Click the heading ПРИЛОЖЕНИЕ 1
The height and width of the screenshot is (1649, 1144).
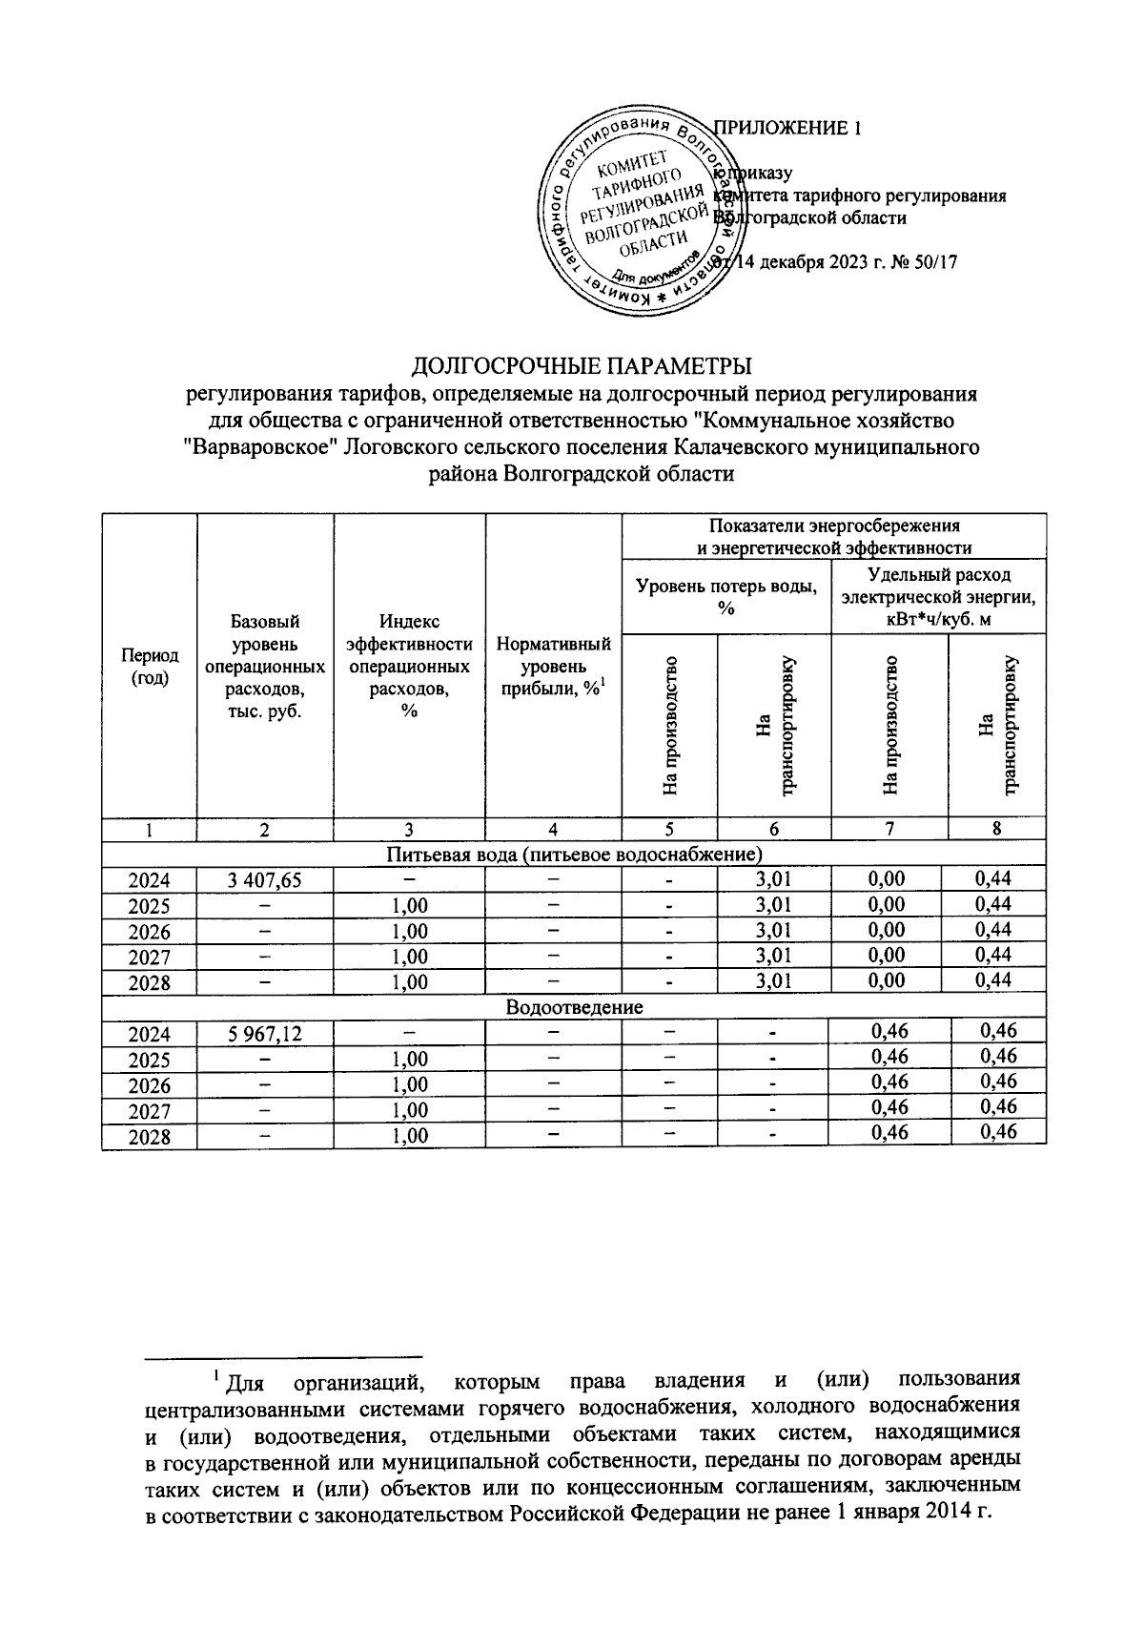pyautogui.click(x=788, y=129)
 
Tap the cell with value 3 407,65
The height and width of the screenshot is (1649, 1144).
pyautogui.click(x=264, y=880)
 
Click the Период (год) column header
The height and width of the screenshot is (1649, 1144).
pyautogui.click(x=149, y=667)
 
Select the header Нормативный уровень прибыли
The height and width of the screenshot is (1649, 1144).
pyautogui.click(x=553, y=667)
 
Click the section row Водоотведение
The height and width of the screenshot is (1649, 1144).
pyautogui.click(x=574, y=1007)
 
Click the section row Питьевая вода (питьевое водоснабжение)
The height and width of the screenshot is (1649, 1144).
pyautogui.click(x=574, y=853)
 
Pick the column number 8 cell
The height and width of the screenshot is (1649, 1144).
pyautogui.click(x=996, y=829)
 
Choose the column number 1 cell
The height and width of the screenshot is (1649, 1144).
pyautogui.click(x=149, y=830)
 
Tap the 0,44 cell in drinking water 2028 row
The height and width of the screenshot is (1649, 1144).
pyautogui.click(x=993, y=980)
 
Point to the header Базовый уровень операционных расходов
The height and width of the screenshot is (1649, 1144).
pyautogui.click(x=264, y=667)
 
